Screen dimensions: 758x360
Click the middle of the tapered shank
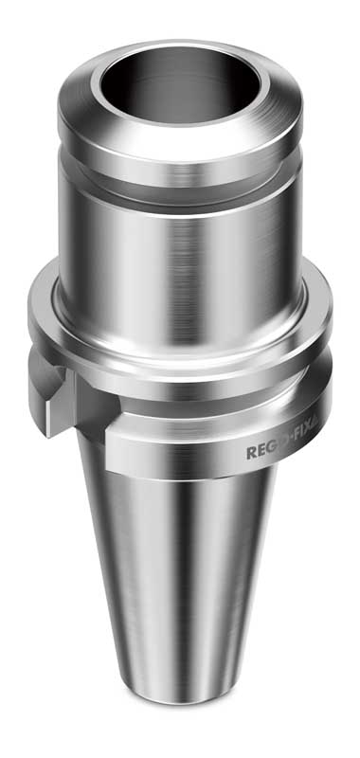(x=180, y=587)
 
